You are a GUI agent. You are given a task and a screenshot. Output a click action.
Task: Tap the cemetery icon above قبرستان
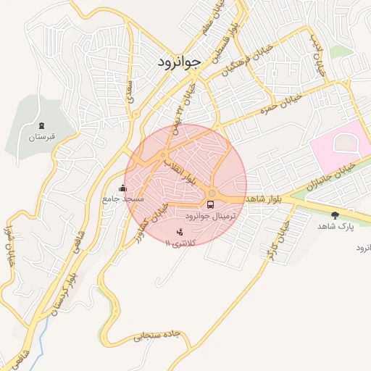point(41,126)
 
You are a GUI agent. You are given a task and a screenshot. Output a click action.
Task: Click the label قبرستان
point(41,136)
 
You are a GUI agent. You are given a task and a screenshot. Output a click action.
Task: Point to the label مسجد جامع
point(123,198)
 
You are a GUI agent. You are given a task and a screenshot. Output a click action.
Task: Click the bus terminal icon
point(211,205)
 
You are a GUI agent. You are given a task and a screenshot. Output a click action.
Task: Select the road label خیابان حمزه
point(275,109)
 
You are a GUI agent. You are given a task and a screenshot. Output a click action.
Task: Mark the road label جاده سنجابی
point(157,336)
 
